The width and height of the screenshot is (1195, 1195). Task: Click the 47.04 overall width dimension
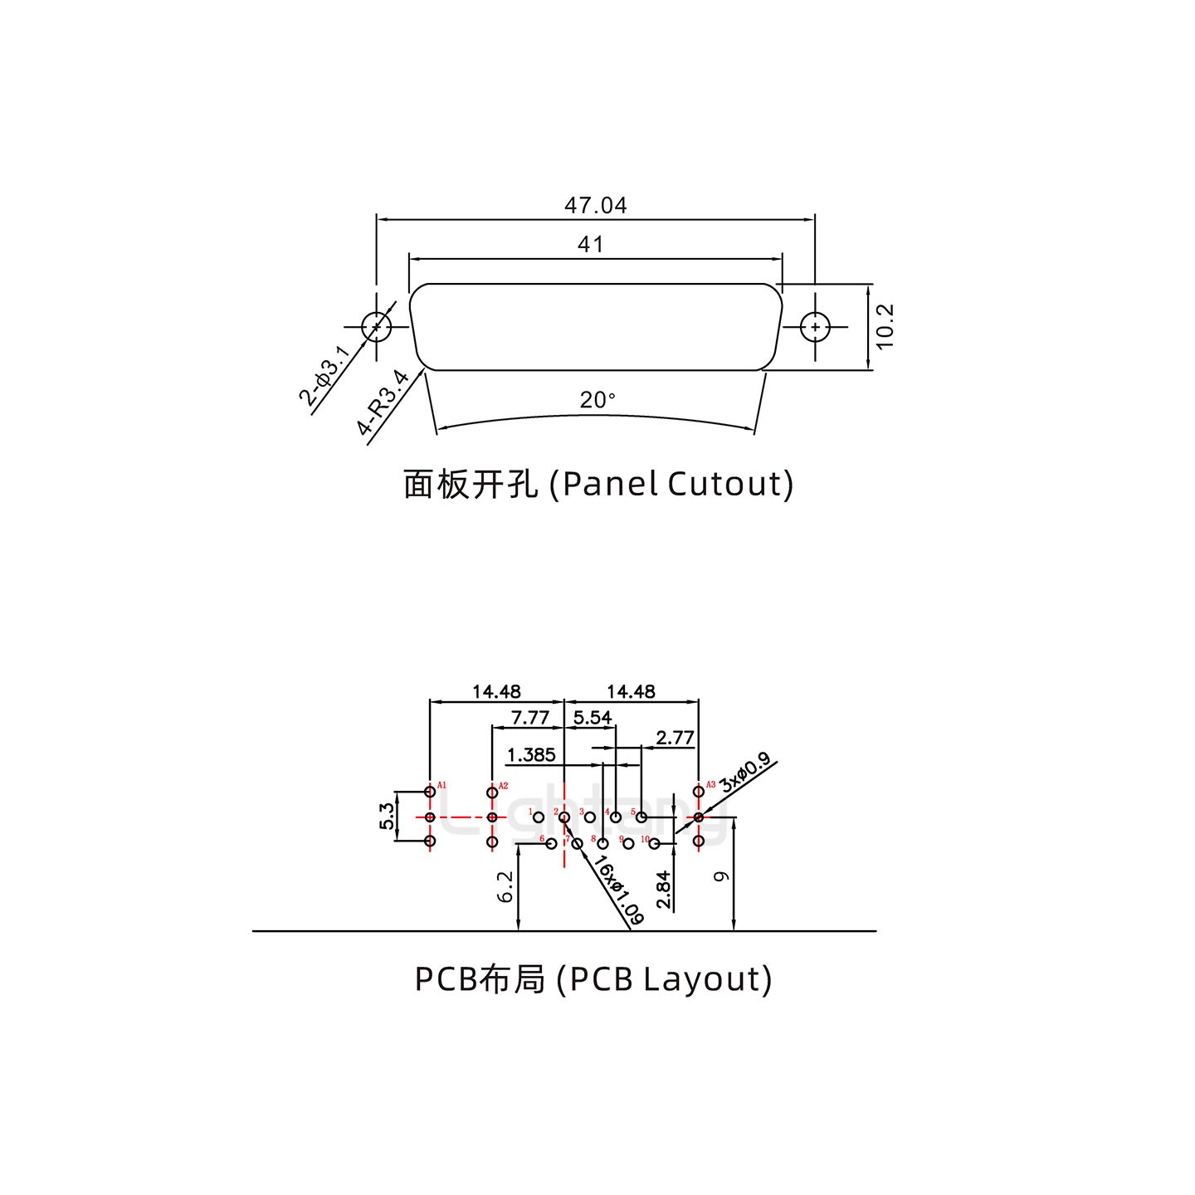pos(595,205)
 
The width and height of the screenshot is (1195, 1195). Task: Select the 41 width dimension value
pos(590,245)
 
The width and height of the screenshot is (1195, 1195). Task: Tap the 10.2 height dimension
pos(885,326)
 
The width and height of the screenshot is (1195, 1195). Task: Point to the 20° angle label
pos(597,400)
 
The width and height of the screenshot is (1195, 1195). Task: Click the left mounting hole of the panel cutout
pos(376,326)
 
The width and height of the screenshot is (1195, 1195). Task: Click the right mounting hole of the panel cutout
pos(816,327)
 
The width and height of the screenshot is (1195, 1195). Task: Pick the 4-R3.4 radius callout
pos(383,403)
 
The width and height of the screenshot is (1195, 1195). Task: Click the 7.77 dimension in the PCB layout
pos(529,717)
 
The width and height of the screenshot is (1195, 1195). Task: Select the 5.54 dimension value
pos(592,717)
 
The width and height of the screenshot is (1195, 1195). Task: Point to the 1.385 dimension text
pos(530,754)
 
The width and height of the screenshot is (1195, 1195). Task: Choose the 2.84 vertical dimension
pos(663,890)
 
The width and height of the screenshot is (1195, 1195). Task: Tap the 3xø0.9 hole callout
pos(744,773)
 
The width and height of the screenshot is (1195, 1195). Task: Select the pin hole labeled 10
pos(655,844)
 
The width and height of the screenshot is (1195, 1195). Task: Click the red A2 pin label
pos(503,785)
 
